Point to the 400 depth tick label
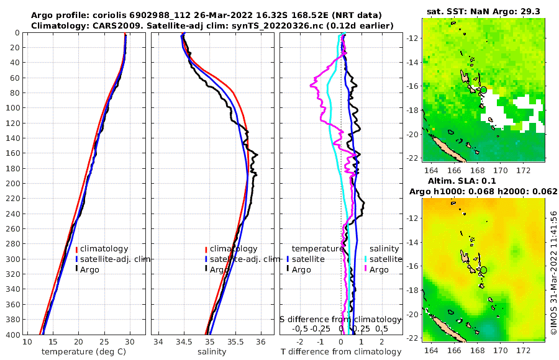click(x=12, y=335)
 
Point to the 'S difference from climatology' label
click(x=340, y=319)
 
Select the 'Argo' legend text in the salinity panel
click(x=219, y=270)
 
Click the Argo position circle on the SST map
click(x=483, y=90)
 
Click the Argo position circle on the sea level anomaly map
click(x=484, y=269)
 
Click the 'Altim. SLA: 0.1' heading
click(x=484, y=181)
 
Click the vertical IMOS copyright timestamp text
click(x=553, y=272)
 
